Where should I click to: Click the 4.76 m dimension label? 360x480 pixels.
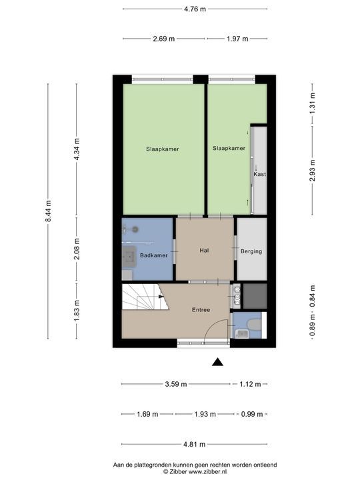click(x=195, y=9)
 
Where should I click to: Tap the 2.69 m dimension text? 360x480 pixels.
click(x=164, y=39)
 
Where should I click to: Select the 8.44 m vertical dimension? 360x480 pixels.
click(x=48, y=211)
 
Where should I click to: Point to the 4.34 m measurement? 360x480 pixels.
click(x=77, y=149)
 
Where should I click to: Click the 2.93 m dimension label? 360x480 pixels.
click(x=312, y=171)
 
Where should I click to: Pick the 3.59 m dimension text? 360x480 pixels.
click(x=176, y=384)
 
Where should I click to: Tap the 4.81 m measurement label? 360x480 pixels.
click(x=195, y=444)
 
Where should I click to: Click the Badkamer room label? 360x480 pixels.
click(x=154, y=255)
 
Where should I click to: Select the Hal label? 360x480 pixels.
click(x=204, y=250)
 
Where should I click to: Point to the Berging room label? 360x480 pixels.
click(x=251, y=251)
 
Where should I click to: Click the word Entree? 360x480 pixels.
click(x=201, y=310)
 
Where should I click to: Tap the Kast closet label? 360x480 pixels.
click(x=259, y=174)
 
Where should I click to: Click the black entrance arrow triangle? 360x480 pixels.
click(x=217, y=362)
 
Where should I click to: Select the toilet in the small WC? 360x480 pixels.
click(x=255, y=325)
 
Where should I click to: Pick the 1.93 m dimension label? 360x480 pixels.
click(x=205, y=414)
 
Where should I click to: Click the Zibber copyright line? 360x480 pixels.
click(x=195, y=472)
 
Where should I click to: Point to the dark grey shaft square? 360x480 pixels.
click(x=255, y=296)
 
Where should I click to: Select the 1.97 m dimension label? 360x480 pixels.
click(x=237, y=39)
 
